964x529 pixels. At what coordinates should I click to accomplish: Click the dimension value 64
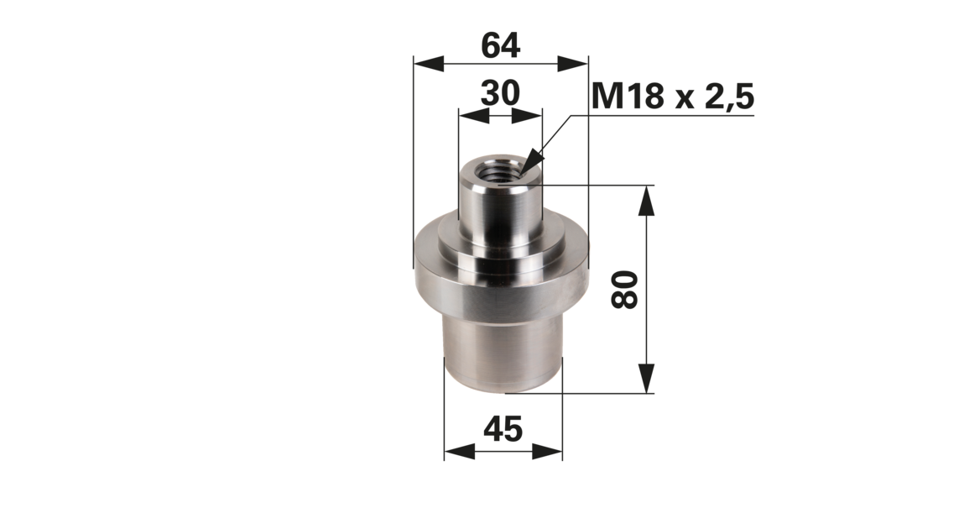(500, 46)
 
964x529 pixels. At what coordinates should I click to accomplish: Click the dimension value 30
(500, 93)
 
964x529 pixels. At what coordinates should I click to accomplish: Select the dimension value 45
(503, 429)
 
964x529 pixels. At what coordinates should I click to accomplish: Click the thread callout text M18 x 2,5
(673, 97)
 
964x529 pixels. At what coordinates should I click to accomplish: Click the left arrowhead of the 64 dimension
(429, 63)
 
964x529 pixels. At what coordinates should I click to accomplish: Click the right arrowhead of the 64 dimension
(573, 63)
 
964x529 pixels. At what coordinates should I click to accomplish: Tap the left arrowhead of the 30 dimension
(474, 116)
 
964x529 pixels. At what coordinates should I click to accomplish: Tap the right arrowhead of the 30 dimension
(527, 116)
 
